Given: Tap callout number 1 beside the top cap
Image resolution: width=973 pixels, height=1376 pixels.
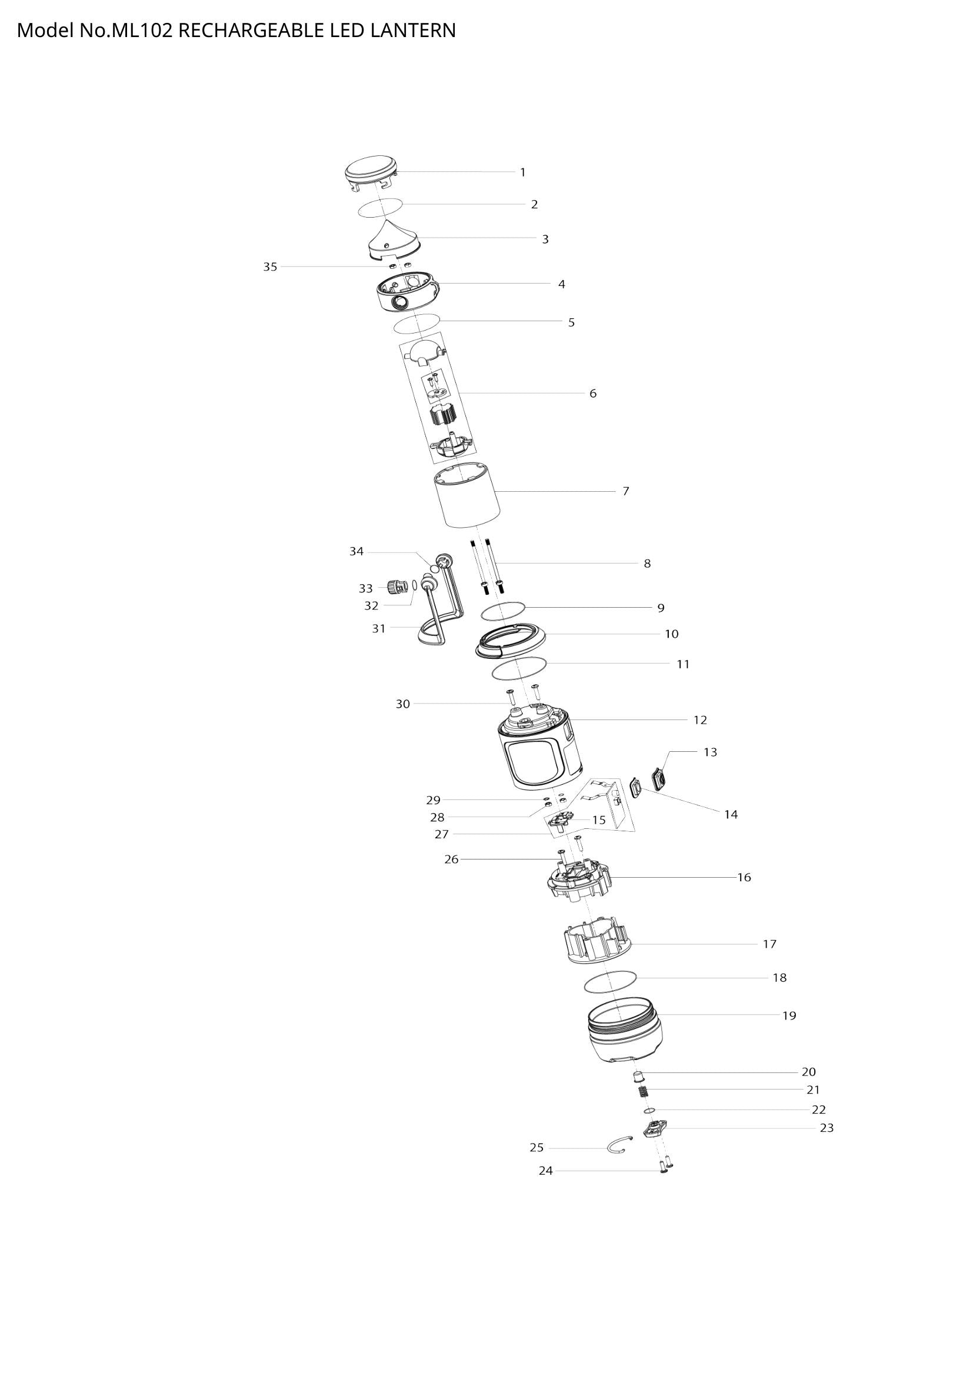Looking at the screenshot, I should (522, 172).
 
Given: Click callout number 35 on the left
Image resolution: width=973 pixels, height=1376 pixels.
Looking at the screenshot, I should (270, 267).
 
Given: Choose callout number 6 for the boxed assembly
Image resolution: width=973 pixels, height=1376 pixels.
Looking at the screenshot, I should (592, 394).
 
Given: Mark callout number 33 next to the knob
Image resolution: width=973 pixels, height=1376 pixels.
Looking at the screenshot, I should (365, 588).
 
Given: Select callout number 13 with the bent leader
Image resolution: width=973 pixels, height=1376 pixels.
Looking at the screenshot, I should (710, 752).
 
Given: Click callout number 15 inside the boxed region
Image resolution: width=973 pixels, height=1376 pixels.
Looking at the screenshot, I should (599, 820).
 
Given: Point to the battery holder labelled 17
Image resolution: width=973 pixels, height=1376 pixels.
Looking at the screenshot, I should (598, 946).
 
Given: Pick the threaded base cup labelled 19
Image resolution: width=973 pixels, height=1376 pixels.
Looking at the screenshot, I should (624, 1037).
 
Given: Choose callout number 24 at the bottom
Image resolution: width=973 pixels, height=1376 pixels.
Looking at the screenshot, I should (545, 1171).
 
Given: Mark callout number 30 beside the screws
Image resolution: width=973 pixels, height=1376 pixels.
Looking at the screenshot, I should (402, 704).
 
